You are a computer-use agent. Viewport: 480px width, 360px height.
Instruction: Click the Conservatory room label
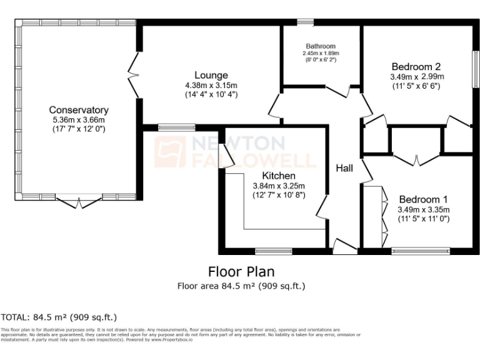(79, 110)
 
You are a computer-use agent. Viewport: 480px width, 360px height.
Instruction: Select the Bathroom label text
(321, 46)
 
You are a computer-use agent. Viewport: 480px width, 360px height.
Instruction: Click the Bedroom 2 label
(416, 67)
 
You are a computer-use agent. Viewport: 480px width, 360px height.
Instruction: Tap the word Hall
(344, 168)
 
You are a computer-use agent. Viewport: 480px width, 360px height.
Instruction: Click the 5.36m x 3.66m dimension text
(79, 120)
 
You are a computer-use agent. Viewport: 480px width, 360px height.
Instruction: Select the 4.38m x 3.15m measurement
(211, 86)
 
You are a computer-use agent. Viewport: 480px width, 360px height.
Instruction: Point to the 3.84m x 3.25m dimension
(278, 186)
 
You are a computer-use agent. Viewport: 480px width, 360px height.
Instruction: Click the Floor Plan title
(241, 272)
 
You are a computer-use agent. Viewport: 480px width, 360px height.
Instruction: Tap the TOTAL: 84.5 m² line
(59, 317)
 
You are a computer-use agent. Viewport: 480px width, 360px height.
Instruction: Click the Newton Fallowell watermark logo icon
(171, 152)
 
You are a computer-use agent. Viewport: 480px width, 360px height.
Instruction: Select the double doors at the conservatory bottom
(79, 201)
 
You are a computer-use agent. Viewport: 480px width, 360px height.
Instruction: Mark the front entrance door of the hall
(344, 247)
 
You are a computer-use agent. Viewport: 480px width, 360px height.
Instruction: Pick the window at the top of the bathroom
(305, 23)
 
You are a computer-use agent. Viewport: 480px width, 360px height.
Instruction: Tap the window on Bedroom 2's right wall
(475, 68)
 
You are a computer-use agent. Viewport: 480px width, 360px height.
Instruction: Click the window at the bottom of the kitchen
(274, 251)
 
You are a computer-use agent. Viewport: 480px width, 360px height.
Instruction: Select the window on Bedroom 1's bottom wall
(421, 251)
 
